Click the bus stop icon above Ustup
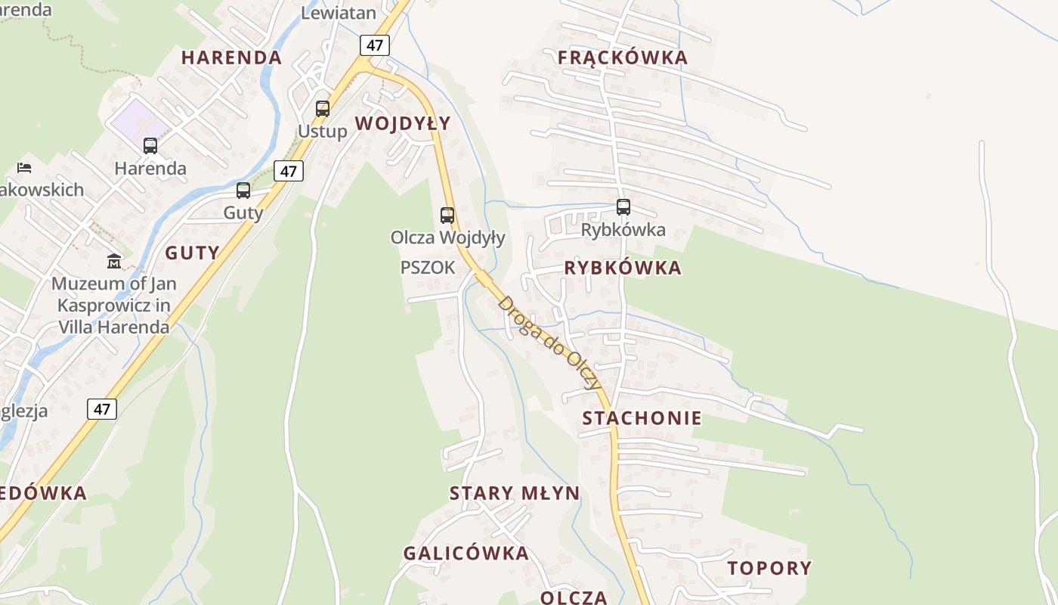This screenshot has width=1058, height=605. pos(323,108)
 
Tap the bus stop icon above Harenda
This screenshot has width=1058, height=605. pos(150,145)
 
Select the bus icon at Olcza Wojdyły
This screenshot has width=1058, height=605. pos(447,215)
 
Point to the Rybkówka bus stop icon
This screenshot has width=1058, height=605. pos(623,206)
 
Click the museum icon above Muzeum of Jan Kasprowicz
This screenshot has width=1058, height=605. pos(113,261)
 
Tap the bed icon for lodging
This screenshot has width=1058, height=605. pos(24,167)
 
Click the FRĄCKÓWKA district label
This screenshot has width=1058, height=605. pos(623,57)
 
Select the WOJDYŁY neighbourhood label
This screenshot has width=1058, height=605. pos(403,123)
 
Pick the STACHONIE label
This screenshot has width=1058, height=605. pos(642,418)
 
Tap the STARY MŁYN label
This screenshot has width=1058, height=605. pos(515,494)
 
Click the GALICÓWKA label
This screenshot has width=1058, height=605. pos(466,553)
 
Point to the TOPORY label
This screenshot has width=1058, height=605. pos(769,568)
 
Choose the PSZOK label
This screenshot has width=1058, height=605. pos(428,268)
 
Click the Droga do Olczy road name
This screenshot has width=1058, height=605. pos(549,341)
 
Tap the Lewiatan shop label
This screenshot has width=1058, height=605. pos(339,12)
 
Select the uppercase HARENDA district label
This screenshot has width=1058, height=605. pos(231,57)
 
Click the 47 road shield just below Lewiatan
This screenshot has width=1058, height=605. pos(375,45)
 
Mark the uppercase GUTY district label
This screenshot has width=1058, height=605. pos(192,253)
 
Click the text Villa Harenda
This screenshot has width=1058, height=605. pos(114,327)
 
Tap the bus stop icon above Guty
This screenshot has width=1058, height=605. pos(243,191)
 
